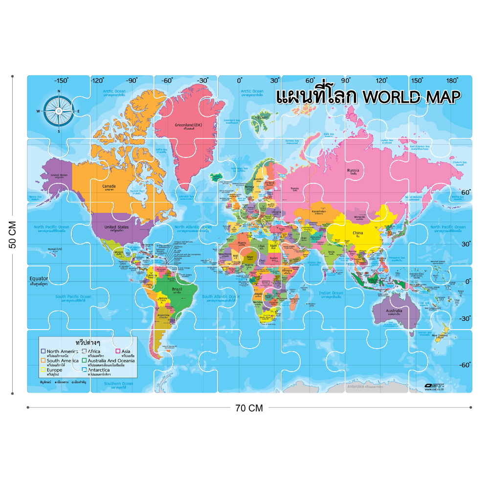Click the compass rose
(x=59, y=111)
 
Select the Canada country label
(x=109, y=186)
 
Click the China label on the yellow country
(x=358, y=233)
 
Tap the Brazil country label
(x=177, y=289)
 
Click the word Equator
(x=39, y=279)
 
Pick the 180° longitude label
(x=452, y=81)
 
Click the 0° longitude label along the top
(x=240, y=81)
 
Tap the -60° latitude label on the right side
(x=465, y=364)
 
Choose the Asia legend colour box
(x=118, y=351)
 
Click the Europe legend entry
(x=54, y=370)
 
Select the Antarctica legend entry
(x=102, y=370)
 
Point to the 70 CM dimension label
(x=249, y=408)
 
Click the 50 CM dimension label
(x=13, y=235)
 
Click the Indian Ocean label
(x=331, y=293)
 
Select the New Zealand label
(x=440, y=335)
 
